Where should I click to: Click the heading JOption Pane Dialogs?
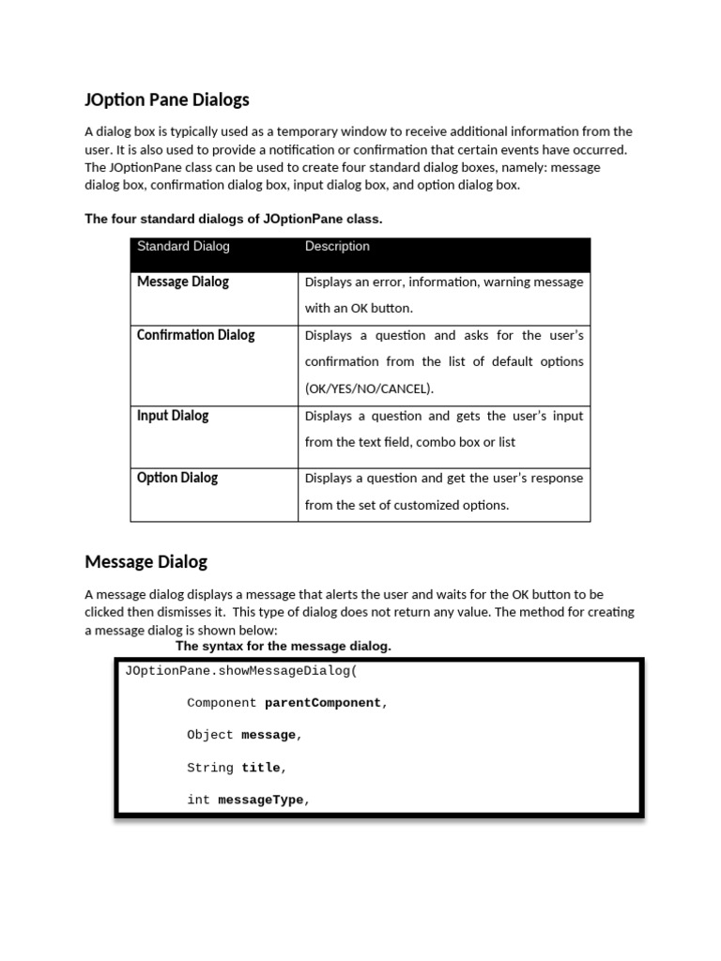[x=167, y=99]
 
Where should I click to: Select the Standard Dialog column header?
[x=183, y=247]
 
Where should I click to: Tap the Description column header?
[x=337, y=247]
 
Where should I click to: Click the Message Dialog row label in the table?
[x=182, y=282]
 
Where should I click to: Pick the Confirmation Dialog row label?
[x=195, y=335]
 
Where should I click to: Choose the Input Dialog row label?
[x=173, y=416]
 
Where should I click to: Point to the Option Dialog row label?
[x=176, y=478]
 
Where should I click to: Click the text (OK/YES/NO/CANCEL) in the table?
[x=369, y=389]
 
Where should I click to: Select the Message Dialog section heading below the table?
[x=146, y=562]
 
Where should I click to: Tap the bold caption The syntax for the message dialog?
[x=284, y=647]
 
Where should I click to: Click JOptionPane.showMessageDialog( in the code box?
[x=241, y=671]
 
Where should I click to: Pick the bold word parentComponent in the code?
[x=323, y=703]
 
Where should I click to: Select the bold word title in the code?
[x=261, y=768]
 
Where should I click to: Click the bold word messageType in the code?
[x=261, y=801]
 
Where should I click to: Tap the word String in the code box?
[x=210, y=768]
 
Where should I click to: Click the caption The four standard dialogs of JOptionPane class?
[x=234, y=219]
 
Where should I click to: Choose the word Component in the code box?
[x=222, y=703]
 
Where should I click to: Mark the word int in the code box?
[x=198, y=801]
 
